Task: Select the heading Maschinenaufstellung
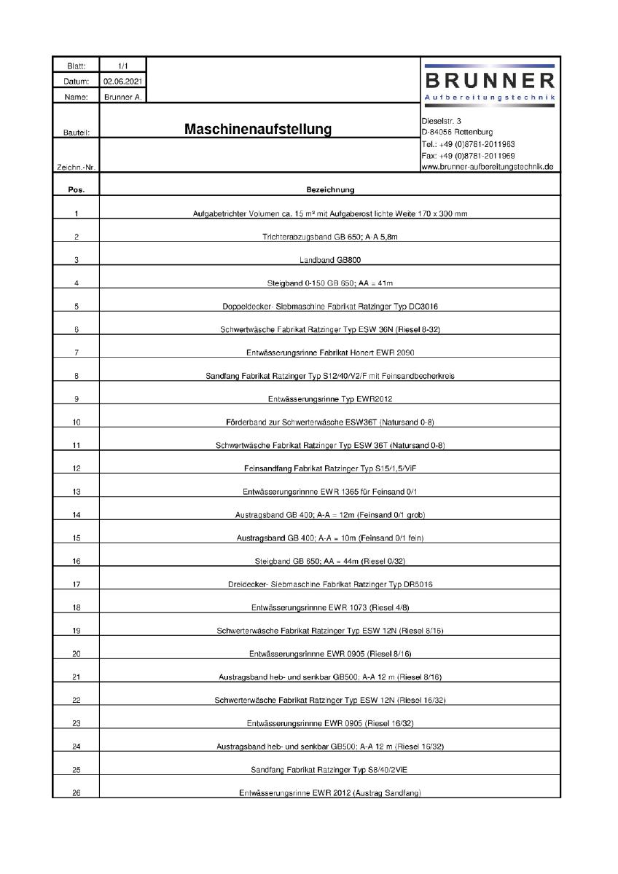(258, 130)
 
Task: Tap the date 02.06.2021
(122, 82)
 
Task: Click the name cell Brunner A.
(122, 96)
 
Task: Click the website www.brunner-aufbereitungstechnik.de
(488, 167)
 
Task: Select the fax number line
(468, 155)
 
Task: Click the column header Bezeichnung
(330, 190)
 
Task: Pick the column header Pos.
(77, 190)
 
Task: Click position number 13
(77, 492)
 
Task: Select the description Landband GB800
(330, 260)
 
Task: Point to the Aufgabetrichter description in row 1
(330, 213)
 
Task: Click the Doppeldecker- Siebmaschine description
(330, 306)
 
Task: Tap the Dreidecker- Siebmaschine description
(330, 584)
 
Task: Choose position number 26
(77, 792)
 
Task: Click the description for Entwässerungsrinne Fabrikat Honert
(330, 353)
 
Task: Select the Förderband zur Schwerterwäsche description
(330, 422)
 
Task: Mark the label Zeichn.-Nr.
(77, 168)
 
